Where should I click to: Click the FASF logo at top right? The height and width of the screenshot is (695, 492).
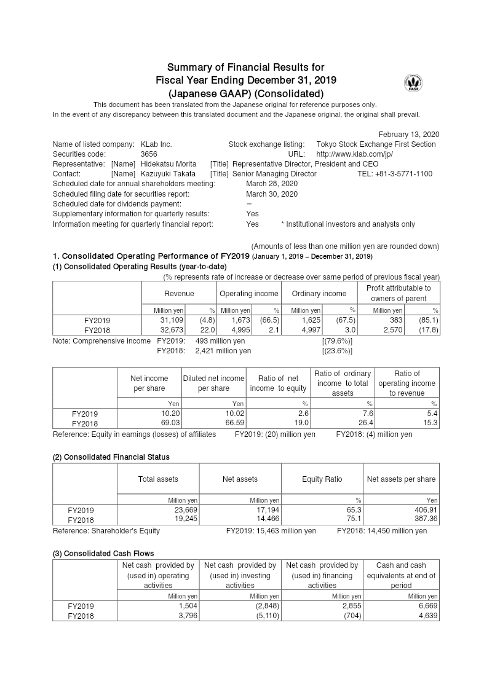click(x=413, y=84)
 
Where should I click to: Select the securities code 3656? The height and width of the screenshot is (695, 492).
click(x=149, y=154)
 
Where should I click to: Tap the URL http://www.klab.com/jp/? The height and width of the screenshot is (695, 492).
click(x=354, y=154)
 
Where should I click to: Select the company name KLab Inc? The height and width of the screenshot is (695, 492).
click(x=156, y=144)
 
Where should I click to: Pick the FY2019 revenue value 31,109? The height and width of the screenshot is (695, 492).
click(x=172, y=320)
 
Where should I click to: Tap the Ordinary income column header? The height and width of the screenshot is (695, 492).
click(x=319, y=294)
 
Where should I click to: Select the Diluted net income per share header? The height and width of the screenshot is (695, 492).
click(x=213, y=383)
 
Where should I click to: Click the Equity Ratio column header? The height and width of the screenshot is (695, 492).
click(x=322, y=479)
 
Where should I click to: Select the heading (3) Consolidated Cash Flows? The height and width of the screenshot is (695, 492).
click(x=103, y=554)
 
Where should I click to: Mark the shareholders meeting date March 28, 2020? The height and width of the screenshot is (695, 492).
click(x=271, y=184)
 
